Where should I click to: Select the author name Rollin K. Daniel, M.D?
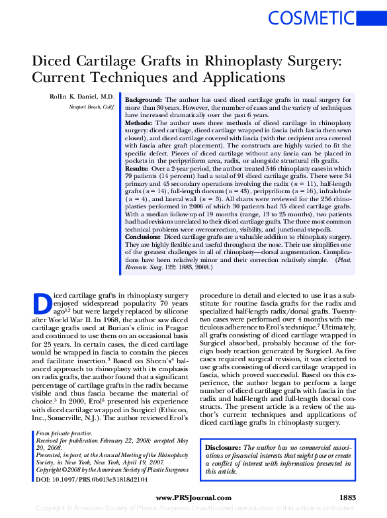[x=82, y=96]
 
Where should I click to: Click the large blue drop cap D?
[x=42, y=302]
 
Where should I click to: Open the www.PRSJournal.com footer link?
[x=193, y=497]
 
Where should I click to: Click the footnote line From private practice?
[x=64, y=433]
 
